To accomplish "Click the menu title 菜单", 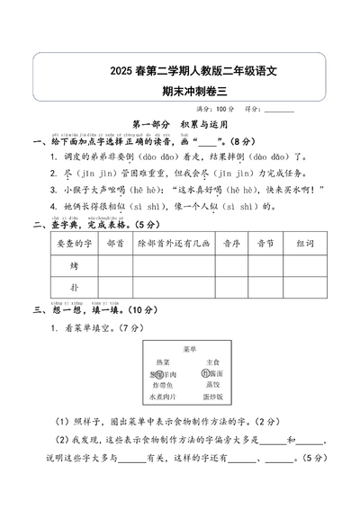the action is pyautogui.click(x=179, y=349).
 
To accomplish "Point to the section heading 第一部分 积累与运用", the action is pyautogui.click(x=179, y=126).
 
